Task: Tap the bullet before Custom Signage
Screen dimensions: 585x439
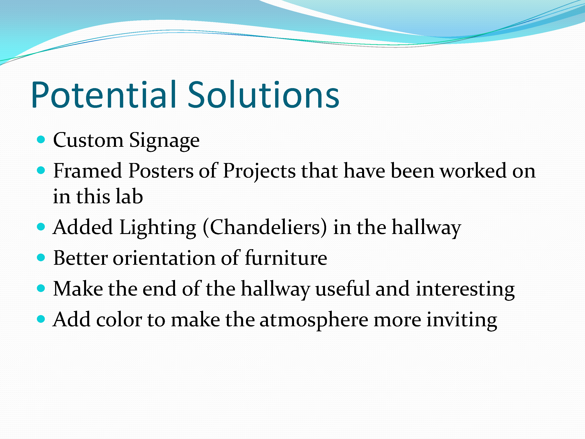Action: click(x=41, y=140)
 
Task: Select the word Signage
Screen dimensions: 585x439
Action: click(x=164, y=141)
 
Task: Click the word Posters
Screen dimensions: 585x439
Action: click(x=161, y=171)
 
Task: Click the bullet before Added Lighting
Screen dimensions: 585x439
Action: click(x=41, y=227)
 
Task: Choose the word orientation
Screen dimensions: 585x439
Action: click(x=164, y=258)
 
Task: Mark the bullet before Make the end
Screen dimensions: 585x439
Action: click(x=41, y=288)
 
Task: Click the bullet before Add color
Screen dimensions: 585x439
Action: click(x=41, y=319)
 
